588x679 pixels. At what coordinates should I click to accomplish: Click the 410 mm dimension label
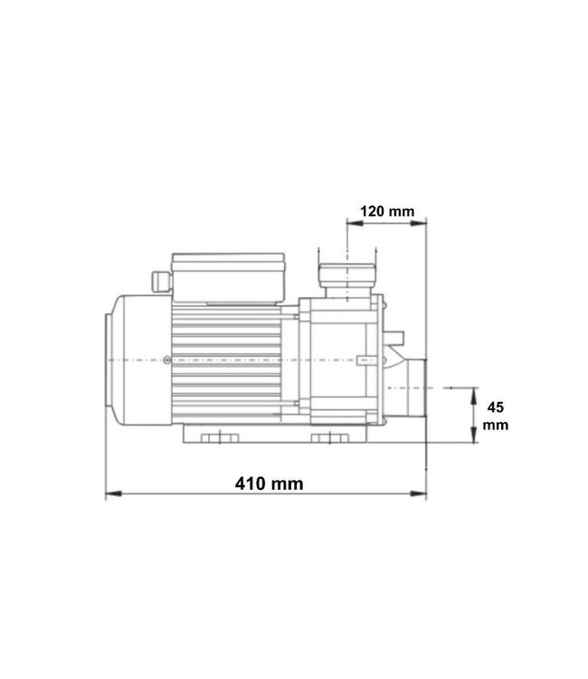point(267,483)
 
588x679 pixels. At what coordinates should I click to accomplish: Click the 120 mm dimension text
point(386,211)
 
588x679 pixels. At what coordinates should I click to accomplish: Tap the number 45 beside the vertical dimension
point(496,406)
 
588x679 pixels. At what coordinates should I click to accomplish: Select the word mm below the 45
point(496,424)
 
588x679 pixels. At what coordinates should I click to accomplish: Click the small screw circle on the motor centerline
point(168,360)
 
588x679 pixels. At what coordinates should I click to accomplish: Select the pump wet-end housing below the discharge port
point(339,362)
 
